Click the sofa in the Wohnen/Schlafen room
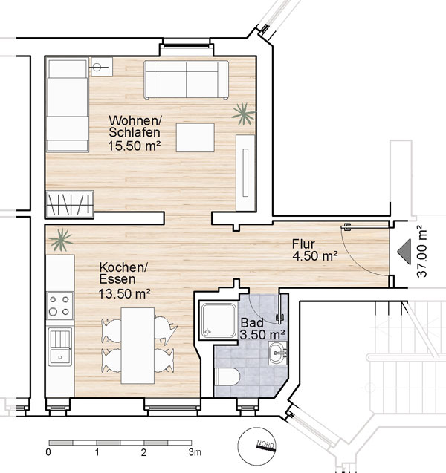tap(187, 79)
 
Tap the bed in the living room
tap(68, 105)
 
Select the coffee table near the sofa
tap(195, 137)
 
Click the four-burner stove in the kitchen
tap(59, 305)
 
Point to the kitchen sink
tap(60, 346)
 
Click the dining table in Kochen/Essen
tap(138, 345)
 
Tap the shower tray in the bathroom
tap(219, 320)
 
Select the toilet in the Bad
tap(227, 376)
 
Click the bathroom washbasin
tap(277, 353)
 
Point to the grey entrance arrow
tap(404, 252)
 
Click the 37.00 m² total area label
tap(422, 252)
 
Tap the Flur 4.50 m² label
tap(314, 249)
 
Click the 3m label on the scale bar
tap(195, 452)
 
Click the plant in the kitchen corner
tap(61, 240)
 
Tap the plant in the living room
tap(243, 114)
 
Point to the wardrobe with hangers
tap(69, 204)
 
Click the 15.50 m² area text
tap(134, 146)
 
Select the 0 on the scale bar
tap(48, 452)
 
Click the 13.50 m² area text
tap(125, 293)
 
